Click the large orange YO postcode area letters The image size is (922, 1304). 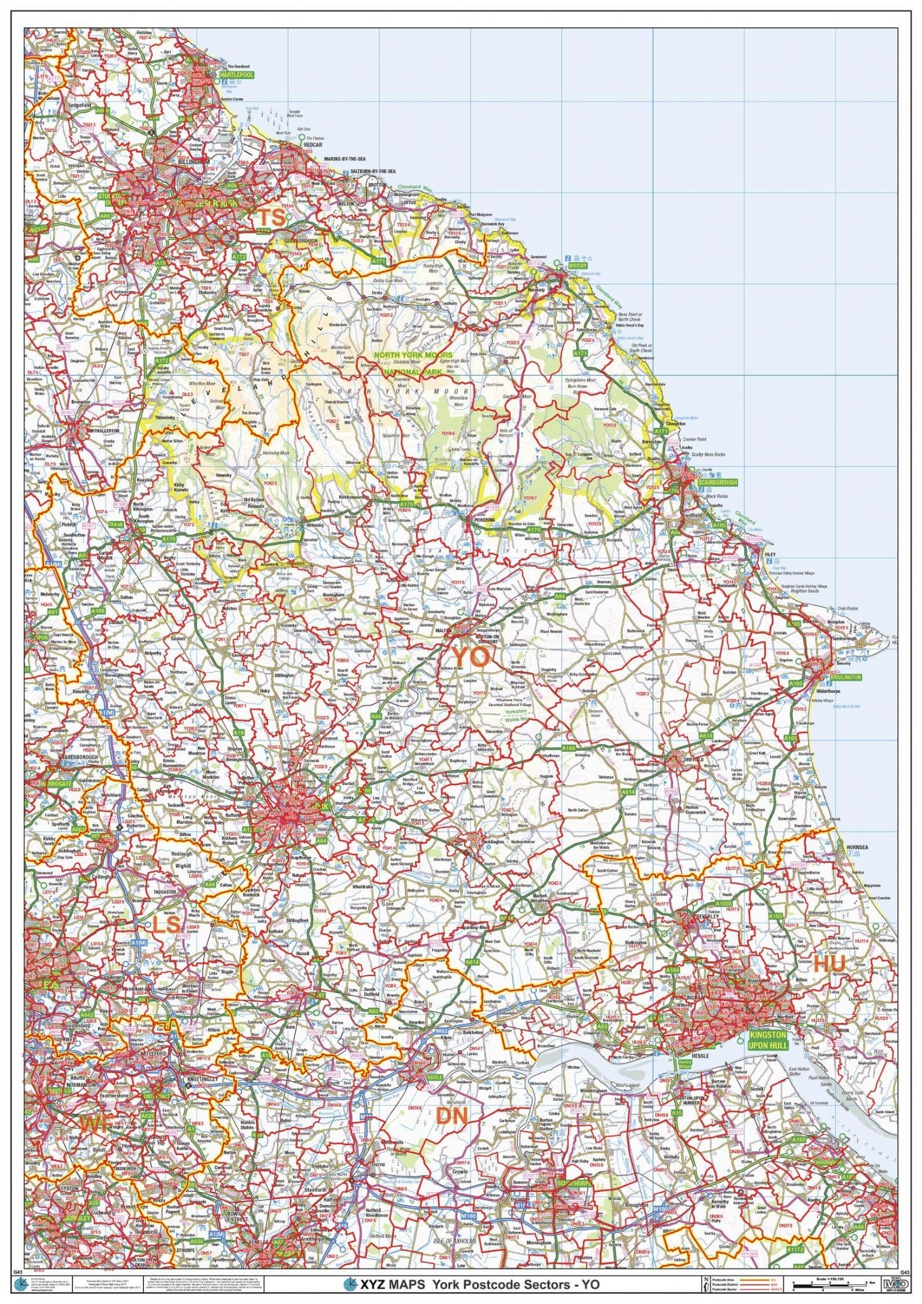(470, 656)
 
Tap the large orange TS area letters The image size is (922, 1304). (271, 218)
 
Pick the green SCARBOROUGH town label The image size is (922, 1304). (716, 483)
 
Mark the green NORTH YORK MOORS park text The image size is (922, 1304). (413, 355)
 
